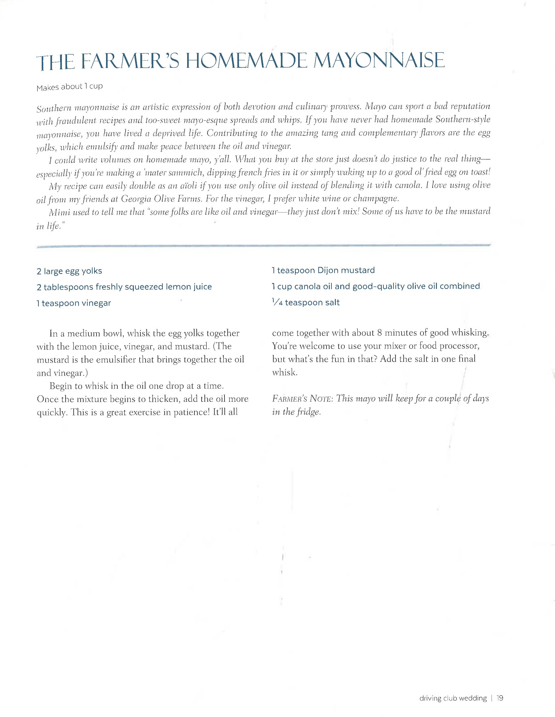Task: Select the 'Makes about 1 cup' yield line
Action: [69, 87]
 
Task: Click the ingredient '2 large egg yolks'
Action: [69, 271]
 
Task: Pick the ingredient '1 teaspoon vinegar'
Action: [74, 303]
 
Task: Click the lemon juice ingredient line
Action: [124, 287]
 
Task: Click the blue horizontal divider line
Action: [262, 246]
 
